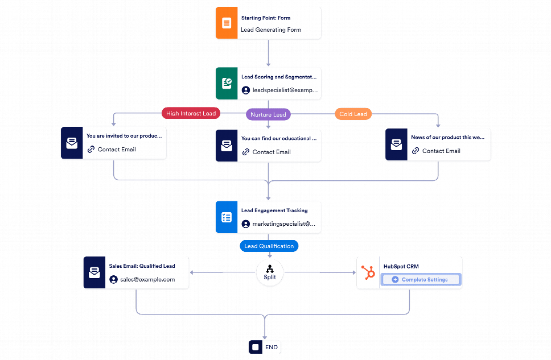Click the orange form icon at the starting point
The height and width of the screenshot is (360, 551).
(227, 23)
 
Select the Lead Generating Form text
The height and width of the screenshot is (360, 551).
(271, 30)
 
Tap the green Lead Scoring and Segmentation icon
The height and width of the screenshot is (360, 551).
(227, 83)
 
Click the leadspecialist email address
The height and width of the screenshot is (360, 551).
(285, 90)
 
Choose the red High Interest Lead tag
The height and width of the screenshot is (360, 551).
(191, 113)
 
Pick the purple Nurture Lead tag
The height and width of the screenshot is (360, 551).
(268, 114)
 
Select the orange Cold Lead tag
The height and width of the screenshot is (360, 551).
(353, 114)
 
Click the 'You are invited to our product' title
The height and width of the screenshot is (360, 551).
(124, 136)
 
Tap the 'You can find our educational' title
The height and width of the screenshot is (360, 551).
(279, 138)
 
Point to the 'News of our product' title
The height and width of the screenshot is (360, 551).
(447, 137)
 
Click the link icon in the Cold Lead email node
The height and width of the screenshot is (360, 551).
(416, 151)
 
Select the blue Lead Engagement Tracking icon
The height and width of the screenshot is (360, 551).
(227, 217)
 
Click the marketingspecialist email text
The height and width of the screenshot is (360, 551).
(284, 224)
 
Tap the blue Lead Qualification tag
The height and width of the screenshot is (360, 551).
(269, 246)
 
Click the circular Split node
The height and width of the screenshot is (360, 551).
(270, 272)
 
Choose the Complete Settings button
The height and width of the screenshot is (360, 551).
(421, 280)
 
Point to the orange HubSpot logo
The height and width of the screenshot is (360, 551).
(368, 272)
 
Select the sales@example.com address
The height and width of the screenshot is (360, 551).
(147, 280)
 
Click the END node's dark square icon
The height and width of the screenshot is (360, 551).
(256, 347)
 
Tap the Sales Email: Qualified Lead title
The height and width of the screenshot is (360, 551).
(142, 266)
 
